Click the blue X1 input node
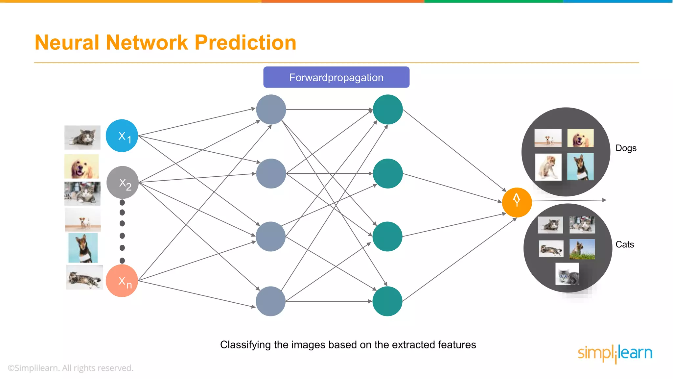point(122,136)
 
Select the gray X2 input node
point(123,182)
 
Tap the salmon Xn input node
point(122,281)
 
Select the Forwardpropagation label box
point(336,77)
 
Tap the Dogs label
point(626,148)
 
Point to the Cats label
point(624,244)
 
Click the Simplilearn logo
point(615,353)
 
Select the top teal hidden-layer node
point(388,110)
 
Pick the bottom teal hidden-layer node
point(387,301)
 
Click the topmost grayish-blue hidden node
point(271,110)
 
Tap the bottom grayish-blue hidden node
point(270,301)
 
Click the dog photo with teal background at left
point(83,247)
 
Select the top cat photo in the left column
point(82,137)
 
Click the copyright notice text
point(71,368)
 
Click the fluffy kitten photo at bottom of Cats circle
point(567,273)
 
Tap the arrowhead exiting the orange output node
point(604,200)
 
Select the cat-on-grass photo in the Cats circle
point(582,249)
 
